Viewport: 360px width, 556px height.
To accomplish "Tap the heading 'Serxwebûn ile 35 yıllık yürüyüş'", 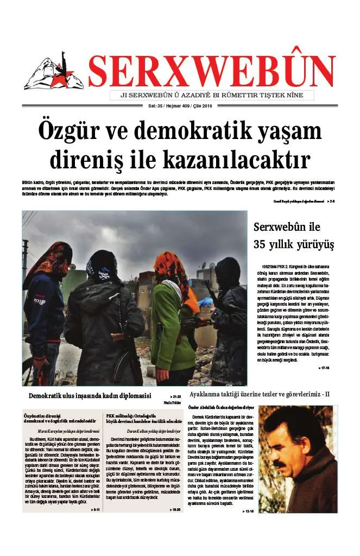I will tap(294, 235).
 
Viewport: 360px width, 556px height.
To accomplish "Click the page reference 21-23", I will tap(176, 397).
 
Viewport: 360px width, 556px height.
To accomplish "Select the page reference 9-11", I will tap(95, 510).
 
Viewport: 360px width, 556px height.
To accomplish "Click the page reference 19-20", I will tap(175, 510).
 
